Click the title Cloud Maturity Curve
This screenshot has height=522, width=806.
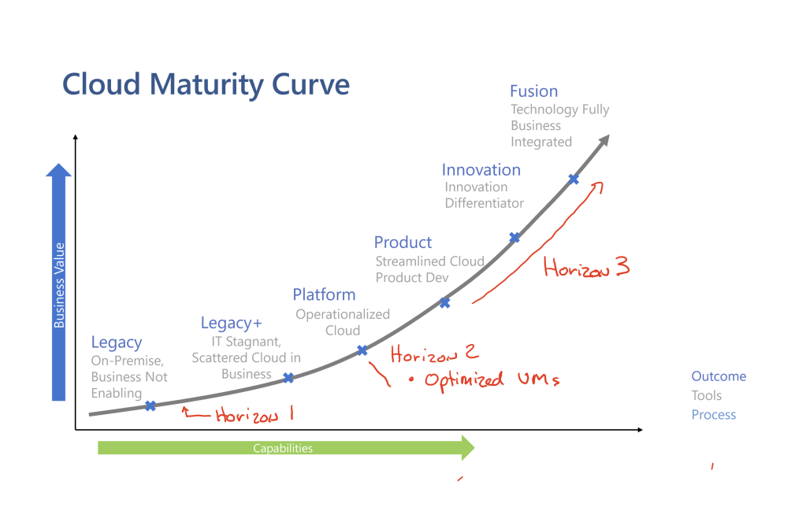click(x=206, y=85)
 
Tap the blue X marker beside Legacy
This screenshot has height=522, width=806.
click(x=150, y=406)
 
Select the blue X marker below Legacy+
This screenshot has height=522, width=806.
click(x=288, y=378)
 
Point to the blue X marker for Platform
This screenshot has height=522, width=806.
click(x=362, y=350)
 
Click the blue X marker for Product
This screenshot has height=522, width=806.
click(x=445, y=303)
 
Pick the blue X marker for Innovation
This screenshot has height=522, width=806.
click(x=514, y=237)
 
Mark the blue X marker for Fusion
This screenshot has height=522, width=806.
click(x=574, y=180)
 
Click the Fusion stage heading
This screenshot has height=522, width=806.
click(x=533, y=91)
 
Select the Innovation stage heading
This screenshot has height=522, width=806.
click(x=481, y=170)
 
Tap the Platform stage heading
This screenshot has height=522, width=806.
click(x=324, y=295)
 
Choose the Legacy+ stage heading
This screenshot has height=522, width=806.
click(x=232, y=323)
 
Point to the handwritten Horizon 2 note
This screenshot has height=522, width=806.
click(x=434, y=354)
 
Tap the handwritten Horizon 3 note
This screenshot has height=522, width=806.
click(x=586, y=267)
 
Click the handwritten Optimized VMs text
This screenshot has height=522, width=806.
click(x=492, y=380)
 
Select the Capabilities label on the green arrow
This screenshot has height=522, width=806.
click(x=283, y=449)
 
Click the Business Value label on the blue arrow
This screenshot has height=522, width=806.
click(x=60, y=285)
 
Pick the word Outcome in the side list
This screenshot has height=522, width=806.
click(x=719, y=376)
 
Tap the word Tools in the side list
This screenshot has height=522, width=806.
click(x=706, y=395)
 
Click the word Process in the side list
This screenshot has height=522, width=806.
click(x=714, y=415)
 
